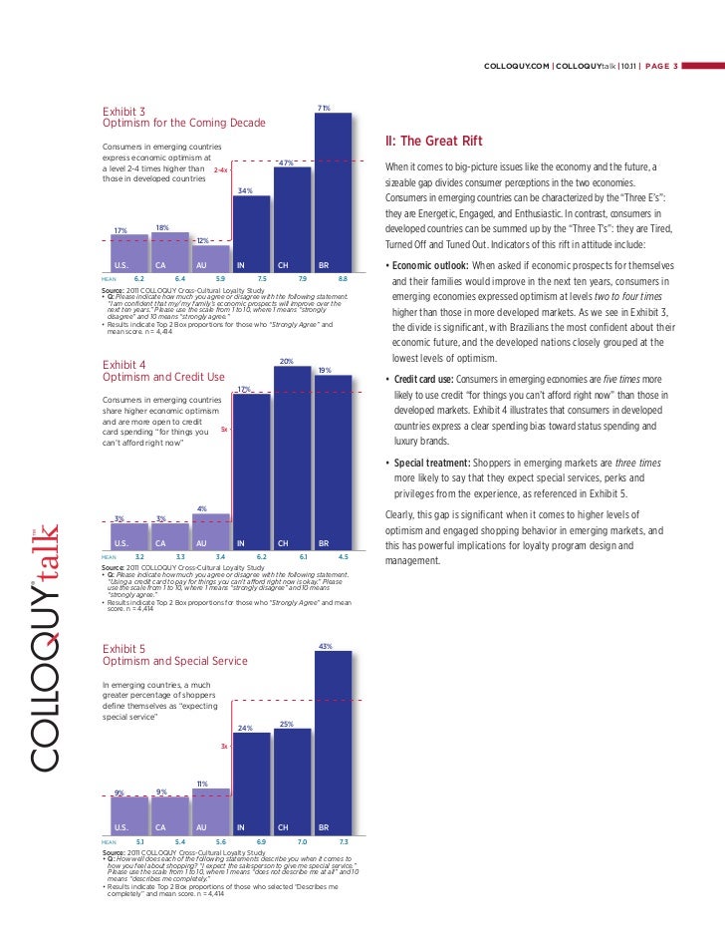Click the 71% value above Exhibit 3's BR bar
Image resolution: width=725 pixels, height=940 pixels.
pyautogui.click(x=324, y=108)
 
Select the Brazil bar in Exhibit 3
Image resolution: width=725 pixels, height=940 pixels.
pyautogui.click(x=333, y=189)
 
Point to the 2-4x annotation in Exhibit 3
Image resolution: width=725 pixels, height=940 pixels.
pyautogui.click(x=221, y=170)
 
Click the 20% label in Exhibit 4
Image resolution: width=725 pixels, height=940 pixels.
pyautogui.click(x=286, y=361)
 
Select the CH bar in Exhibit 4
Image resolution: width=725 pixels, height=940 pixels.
pyautogui.click(x=292, y=459)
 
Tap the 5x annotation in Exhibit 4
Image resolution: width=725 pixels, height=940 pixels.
pyautogui.click(x=224, y=431)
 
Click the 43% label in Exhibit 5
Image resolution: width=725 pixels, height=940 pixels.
pyautogui.click(x=324, y=647)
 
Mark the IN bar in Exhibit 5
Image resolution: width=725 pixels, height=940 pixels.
pyautogui.click(x=251, y=783)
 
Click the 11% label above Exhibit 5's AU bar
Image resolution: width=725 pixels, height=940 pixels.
pyautogui.click(x=201, y=783)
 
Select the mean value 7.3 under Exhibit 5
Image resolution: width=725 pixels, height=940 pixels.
pyautogui.click(x=342, y=842)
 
